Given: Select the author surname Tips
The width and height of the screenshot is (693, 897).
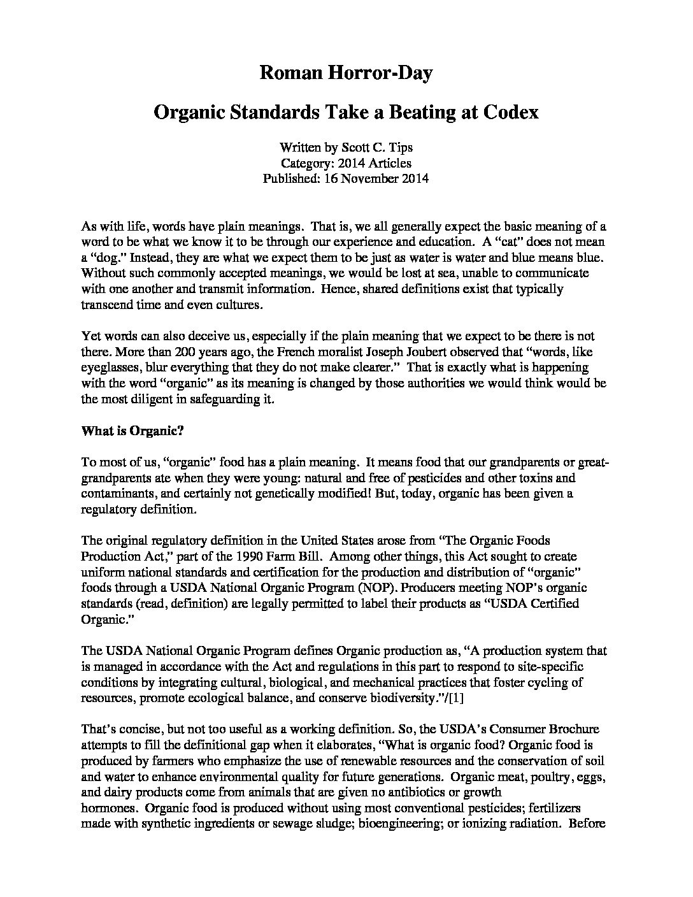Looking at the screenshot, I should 400,148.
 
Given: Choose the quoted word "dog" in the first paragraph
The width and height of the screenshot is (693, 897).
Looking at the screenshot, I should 106,257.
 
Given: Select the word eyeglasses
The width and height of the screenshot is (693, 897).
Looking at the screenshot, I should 110,368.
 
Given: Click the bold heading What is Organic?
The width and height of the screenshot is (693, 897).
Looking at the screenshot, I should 132,430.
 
